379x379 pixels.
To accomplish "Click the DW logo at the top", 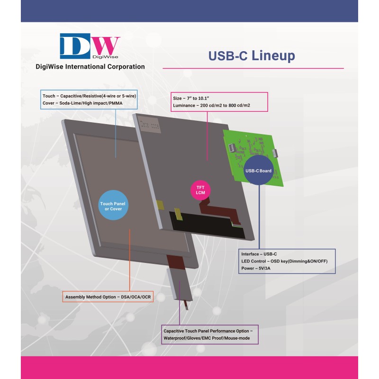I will (90, 46).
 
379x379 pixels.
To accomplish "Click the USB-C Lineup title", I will (252, 55).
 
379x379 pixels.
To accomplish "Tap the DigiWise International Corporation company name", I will (90, 67).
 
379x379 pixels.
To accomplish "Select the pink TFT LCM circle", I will (200, 189).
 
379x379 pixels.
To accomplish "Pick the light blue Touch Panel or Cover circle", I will (112, 207).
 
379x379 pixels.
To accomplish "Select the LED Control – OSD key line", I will (284, 262).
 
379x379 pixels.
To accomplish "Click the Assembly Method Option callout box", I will (108, 297).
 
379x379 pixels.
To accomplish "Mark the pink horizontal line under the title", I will (253, 69).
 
